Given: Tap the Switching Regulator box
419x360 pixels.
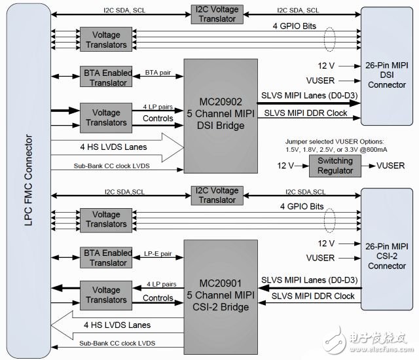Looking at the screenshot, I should click(335, 166).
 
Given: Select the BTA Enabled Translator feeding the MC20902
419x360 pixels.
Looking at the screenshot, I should click(105, 77).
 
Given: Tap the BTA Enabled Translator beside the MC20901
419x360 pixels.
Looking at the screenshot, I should click(105, 257).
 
